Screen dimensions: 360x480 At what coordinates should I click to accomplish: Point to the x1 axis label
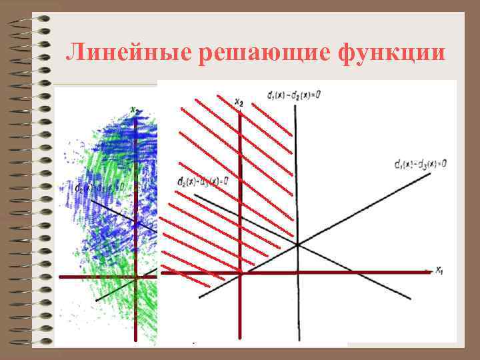(440, 270)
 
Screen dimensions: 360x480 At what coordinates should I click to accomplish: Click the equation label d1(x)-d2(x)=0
(293, 95)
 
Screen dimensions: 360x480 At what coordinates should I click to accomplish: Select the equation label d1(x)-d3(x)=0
(419, 163)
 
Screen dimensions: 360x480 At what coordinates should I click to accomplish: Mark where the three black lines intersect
(297, 245)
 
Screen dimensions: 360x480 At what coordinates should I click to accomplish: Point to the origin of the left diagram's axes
(135, 276)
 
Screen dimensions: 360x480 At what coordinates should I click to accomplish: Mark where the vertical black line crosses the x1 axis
(298, 271)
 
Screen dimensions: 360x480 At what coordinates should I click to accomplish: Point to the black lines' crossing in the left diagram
(137, 223)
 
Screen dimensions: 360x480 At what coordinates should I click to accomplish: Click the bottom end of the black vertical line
(299, 340)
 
